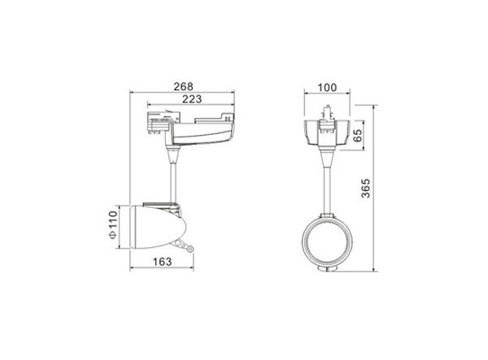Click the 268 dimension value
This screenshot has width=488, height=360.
[183, 86]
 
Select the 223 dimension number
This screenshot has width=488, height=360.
[192, 99]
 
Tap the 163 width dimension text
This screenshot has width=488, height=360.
[162, 262]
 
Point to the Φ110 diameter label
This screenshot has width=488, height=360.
[113, 224]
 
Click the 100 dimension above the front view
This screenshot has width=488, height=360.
[327, 88]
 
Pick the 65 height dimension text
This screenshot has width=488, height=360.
[358, 135]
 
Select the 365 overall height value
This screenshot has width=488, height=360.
[366, 188]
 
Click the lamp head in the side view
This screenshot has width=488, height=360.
[158, 227]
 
